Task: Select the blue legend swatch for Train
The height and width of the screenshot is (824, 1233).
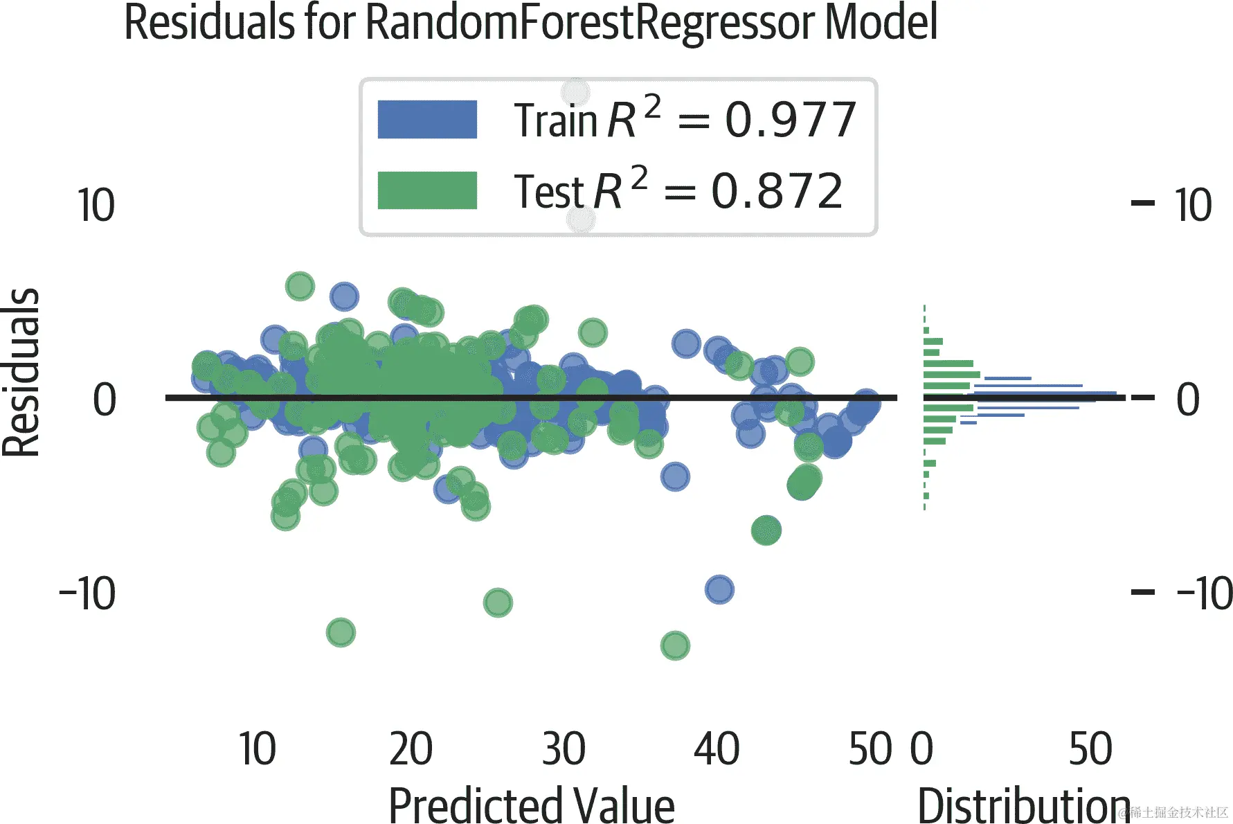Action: (x=427, y=119)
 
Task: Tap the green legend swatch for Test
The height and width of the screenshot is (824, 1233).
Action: (x=427, y=190)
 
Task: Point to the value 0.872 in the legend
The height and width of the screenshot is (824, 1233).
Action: (x=777, y=191)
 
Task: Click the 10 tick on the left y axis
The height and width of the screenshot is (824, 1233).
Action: (x=96, y=206)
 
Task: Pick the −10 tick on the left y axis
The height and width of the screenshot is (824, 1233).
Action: (x=88, y=593)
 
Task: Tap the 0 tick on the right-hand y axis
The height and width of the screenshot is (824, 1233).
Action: (x=1188, y=400)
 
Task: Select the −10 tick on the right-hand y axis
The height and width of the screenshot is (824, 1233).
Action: (x=1203, y=593)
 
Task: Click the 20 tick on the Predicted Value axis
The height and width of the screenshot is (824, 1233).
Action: (x=411, y=749)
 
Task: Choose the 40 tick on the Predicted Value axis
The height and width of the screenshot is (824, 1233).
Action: (x=717, y=749)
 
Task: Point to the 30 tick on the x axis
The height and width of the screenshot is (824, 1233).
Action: (x=564, y=749)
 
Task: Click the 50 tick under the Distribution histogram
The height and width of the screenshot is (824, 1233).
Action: (x=1090, y=749)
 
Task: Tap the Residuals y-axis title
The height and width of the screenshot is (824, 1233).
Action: (x=21, y=372)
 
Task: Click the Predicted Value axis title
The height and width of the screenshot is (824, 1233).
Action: (x=531, y=805)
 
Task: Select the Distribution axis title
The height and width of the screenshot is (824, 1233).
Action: (x=1023, y=805)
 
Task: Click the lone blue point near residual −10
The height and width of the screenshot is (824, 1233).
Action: (x=719, y=590)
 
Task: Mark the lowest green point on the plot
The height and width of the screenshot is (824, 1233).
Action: (x=675, y=645)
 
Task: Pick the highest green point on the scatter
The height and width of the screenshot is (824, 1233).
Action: (x=300, y=286)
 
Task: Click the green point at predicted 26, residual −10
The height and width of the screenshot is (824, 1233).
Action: (x=498, y=602)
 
